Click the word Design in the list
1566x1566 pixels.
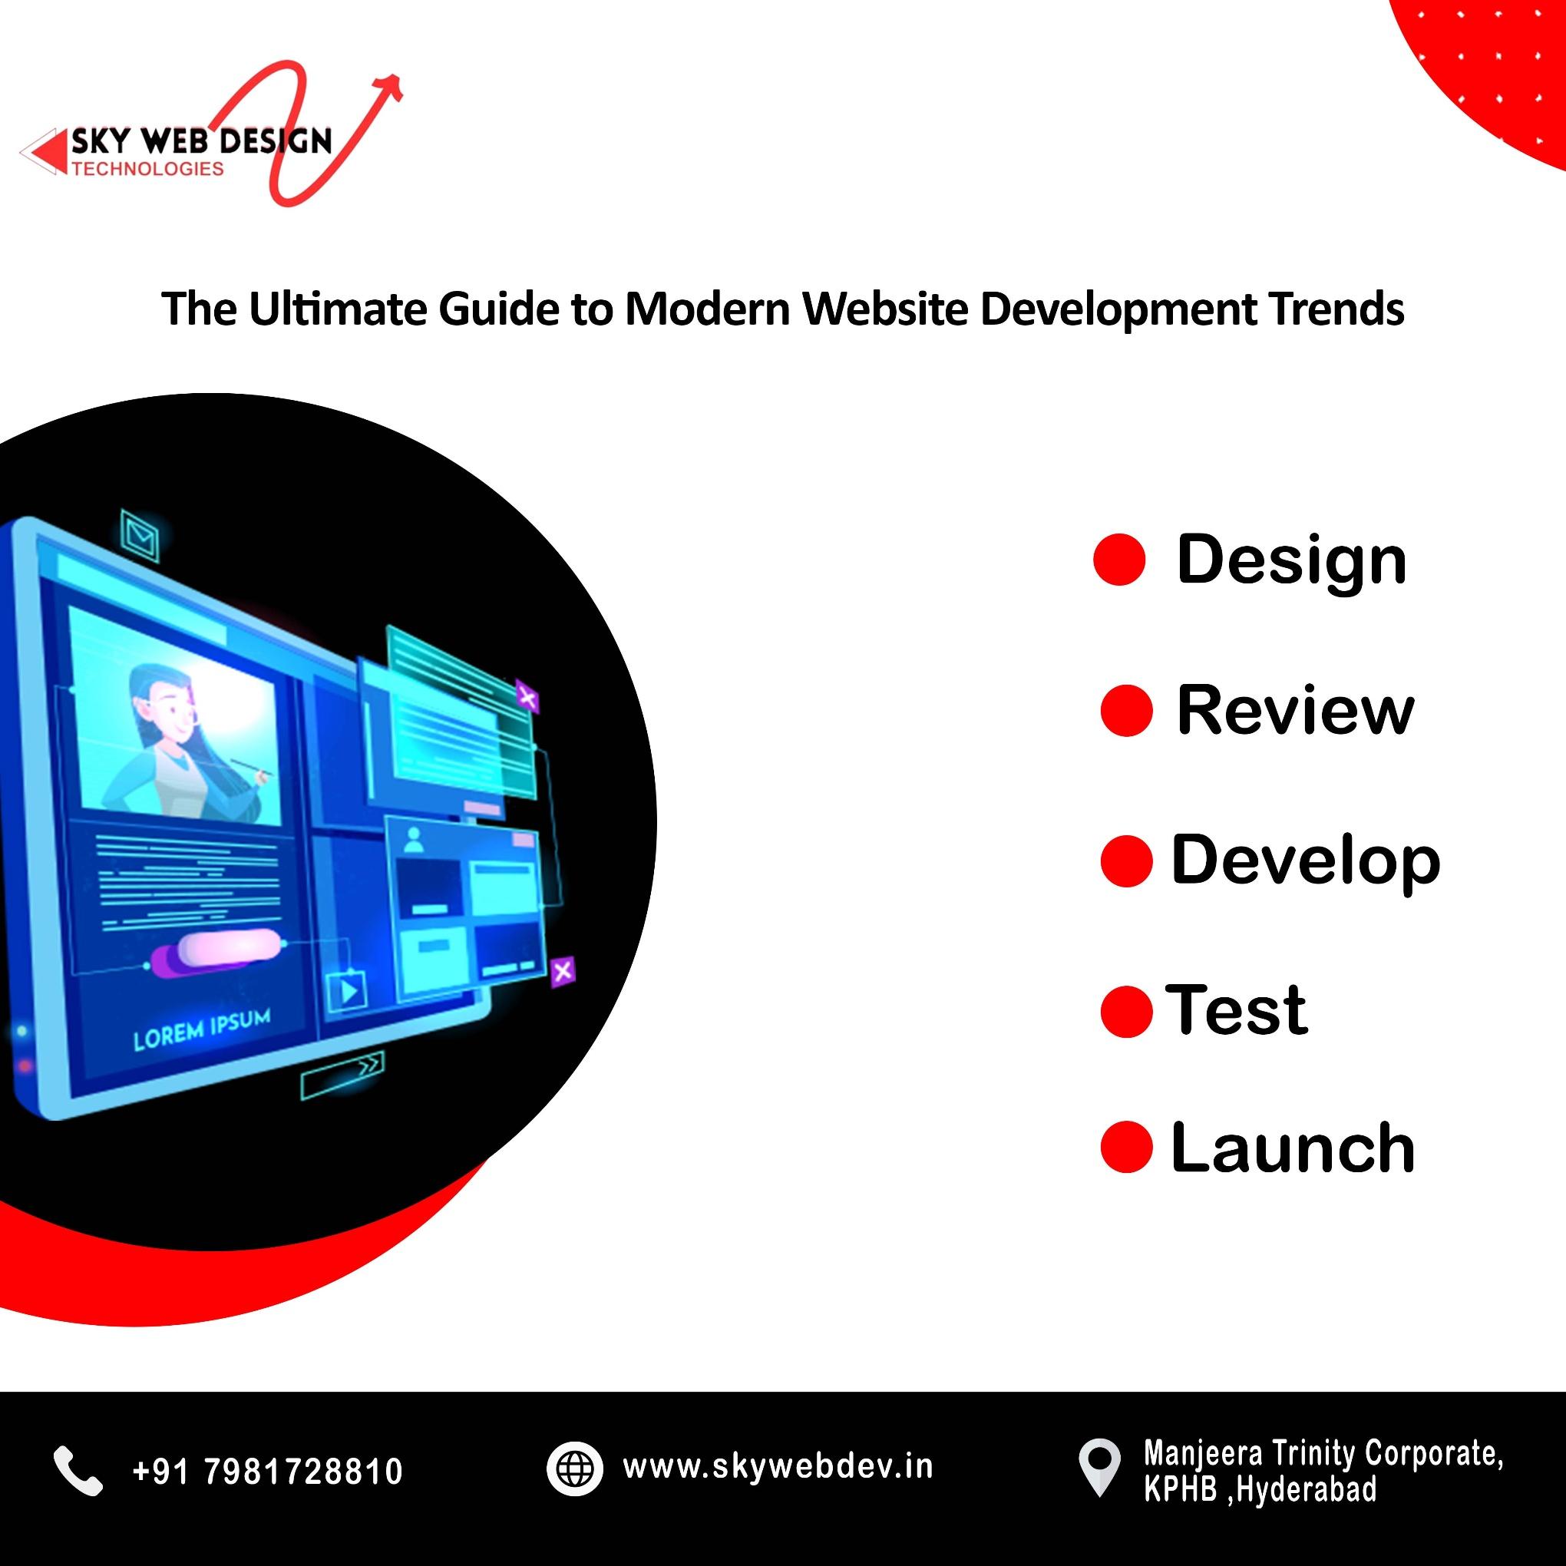point(1290,560)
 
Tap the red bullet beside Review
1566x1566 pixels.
point(1126,711)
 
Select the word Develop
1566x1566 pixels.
point(1305,860)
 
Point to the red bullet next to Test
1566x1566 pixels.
point(1126,1011)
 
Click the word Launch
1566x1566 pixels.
point(1292,1148)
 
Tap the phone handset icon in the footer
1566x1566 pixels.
point(78,1470)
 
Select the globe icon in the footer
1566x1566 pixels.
point(575,1469)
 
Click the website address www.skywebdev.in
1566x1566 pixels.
point(778,1467)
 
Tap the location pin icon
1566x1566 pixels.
point(1099,1465)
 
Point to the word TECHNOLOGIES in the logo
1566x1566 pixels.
point(147,169)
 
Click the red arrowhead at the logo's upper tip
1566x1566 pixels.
point(392,85)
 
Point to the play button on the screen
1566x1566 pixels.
point(347,989)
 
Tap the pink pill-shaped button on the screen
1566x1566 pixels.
point(229,947)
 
